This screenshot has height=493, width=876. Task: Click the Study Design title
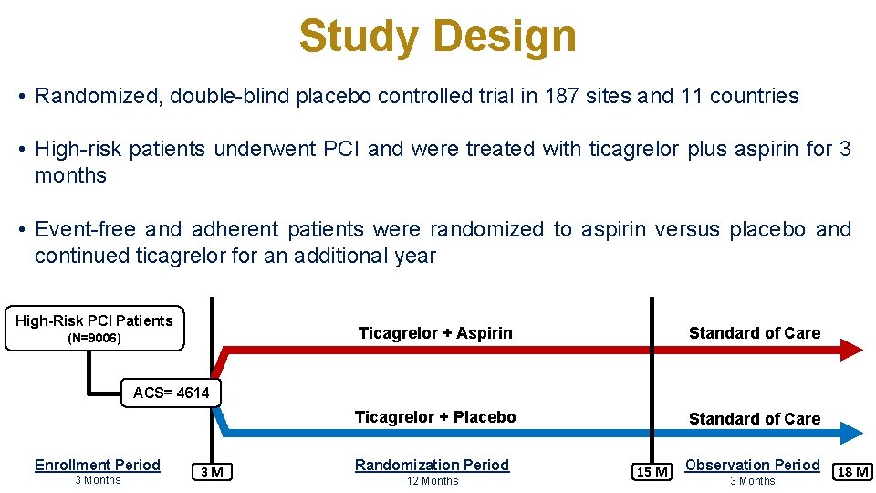(x=437, y=37)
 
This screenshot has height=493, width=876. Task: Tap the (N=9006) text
(x=95, y=339)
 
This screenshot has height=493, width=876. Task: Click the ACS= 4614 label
(x=171, y=393)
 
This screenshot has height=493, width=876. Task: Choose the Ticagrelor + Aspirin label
(x=435, y=333)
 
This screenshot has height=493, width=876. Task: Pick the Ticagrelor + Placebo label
(x=435, y=417)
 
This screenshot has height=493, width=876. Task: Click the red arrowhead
(x=850, y=349)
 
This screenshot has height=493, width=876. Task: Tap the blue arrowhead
(x=850, y=433)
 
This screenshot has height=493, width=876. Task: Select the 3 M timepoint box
(x=214, y=471)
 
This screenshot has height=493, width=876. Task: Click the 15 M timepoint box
(x=652, y=471)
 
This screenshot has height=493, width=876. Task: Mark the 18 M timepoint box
(x=852, y=471)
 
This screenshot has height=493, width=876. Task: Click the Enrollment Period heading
(x=98, y=465)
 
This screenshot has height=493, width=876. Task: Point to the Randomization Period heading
(x=432, y=465)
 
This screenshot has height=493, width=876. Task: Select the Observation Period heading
(x=753, y=465)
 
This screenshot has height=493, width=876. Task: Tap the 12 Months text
(x=433, y=481)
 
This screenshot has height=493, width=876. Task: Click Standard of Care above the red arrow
(x=755, y=333)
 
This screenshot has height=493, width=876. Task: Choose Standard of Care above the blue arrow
(x=755, y=419)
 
